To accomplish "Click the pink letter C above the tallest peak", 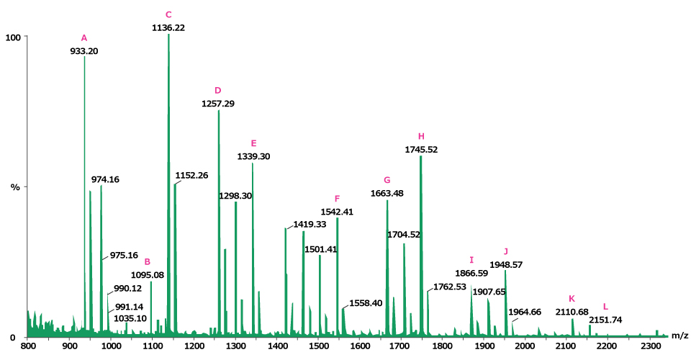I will click(x=168, y=14).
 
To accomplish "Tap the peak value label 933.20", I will click(x=83, y=51).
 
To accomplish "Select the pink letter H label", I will click(x=422, y=136).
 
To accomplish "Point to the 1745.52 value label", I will click(x=422, y=150).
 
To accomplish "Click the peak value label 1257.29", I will click(x=217, y=104).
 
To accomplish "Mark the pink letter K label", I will click(x=572, y=299).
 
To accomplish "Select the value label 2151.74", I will click(x=605, y=320).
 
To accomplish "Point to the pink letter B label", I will click(x=148, y=262).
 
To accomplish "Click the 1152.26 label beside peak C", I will click(x=191, y=176).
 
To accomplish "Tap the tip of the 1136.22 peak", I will click(x=168, y=35).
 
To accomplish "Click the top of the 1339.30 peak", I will click(x=253, y=163).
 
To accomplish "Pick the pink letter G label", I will click(x=387, y=180).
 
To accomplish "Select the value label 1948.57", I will click(x=506, y=265).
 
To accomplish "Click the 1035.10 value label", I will click(x=130, y=318).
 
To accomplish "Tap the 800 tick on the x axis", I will click(x=27, y=347).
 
